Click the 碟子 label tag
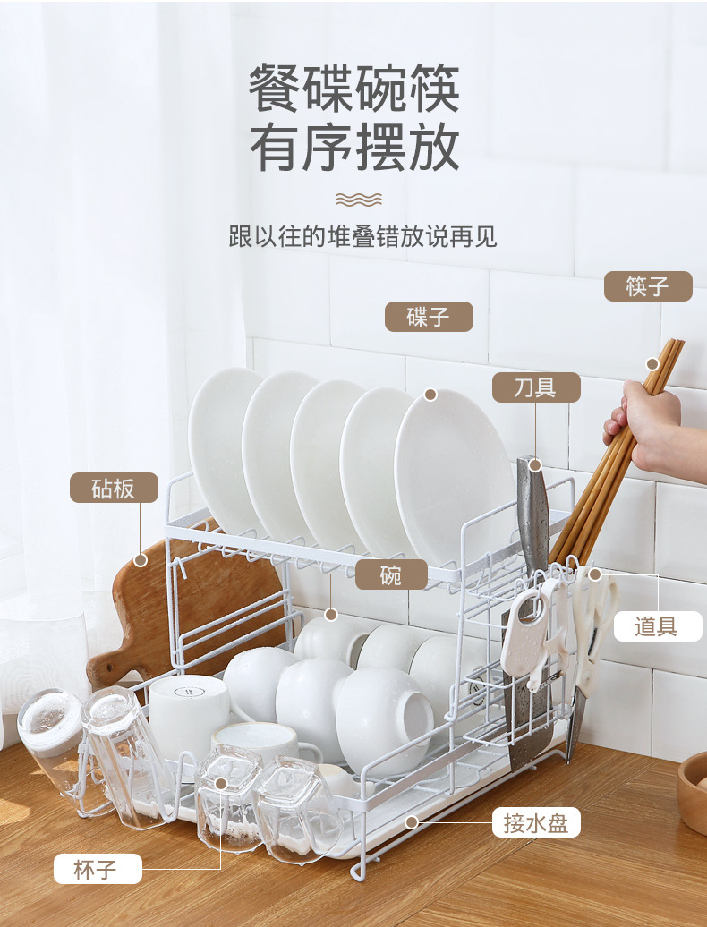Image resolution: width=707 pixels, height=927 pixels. click(x=429, y=317)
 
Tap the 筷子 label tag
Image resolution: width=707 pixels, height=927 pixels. click(x=648, y=286)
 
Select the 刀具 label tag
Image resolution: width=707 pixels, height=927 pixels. click(x=536, y=387)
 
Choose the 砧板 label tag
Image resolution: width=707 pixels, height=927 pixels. click(x=114, y=488)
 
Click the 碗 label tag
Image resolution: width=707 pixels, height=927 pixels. click(x=391, y=574)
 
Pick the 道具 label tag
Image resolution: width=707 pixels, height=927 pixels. click(x=658, y=626)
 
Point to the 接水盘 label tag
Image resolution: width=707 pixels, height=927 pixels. click(x=536, y=822)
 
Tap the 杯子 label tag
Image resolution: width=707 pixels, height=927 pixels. click(x=98, y=869)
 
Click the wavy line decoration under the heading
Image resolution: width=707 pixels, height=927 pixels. click(x=359, y=200)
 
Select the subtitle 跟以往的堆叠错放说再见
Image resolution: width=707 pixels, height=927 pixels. click(x=362, y=236)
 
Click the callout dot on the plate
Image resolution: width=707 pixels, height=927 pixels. click(x=430, y=395)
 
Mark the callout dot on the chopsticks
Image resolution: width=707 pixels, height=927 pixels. click(x=652, y=363)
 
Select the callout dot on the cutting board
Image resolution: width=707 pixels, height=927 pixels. click(x=141, y=560)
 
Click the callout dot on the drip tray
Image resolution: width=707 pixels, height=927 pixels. click(x=412, y=821)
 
